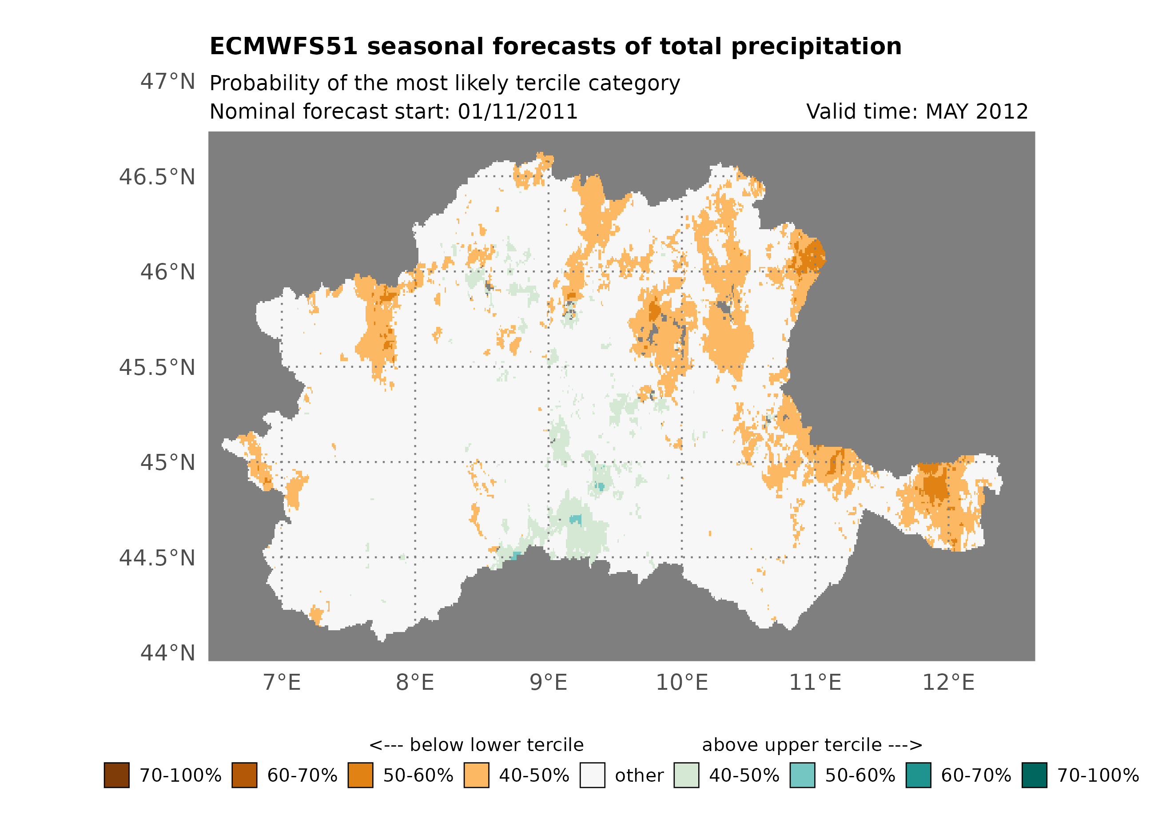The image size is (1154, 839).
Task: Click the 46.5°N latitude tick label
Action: (x=157, y=177)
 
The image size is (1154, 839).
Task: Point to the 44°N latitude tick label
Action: (x=167, y=653)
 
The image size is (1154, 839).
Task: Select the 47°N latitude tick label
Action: (x=167, y=81)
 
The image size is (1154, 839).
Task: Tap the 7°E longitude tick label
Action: (x=282, y=682)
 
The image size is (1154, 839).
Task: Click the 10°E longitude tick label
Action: (x=682, y=682)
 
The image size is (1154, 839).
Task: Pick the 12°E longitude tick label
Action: (x=948, y=682)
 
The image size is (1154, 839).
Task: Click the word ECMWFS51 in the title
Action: (x=284, y=46)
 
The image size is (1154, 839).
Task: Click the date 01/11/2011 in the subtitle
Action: (x=517, y=111)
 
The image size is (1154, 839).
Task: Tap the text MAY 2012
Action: (x=976, y=111)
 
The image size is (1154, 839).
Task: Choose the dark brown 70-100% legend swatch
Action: (x=116, y=775)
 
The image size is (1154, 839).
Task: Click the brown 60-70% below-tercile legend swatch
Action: (x=244, y=775)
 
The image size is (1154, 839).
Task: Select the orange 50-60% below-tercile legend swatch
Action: (x=360, y=775)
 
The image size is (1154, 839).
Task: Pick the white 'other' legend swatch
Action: (x=592, y=775)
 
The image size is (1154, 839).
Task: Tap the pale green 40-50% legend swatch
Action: (x=686, y=775)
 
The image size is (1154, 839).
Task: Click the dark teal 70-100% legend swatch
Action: (x=1034, y=775)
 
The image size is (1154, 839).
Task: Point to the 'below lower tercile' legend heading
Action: (x=476, y=745)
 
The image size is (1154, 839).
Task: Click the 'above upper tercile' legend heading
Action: (x=812, y=745)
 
